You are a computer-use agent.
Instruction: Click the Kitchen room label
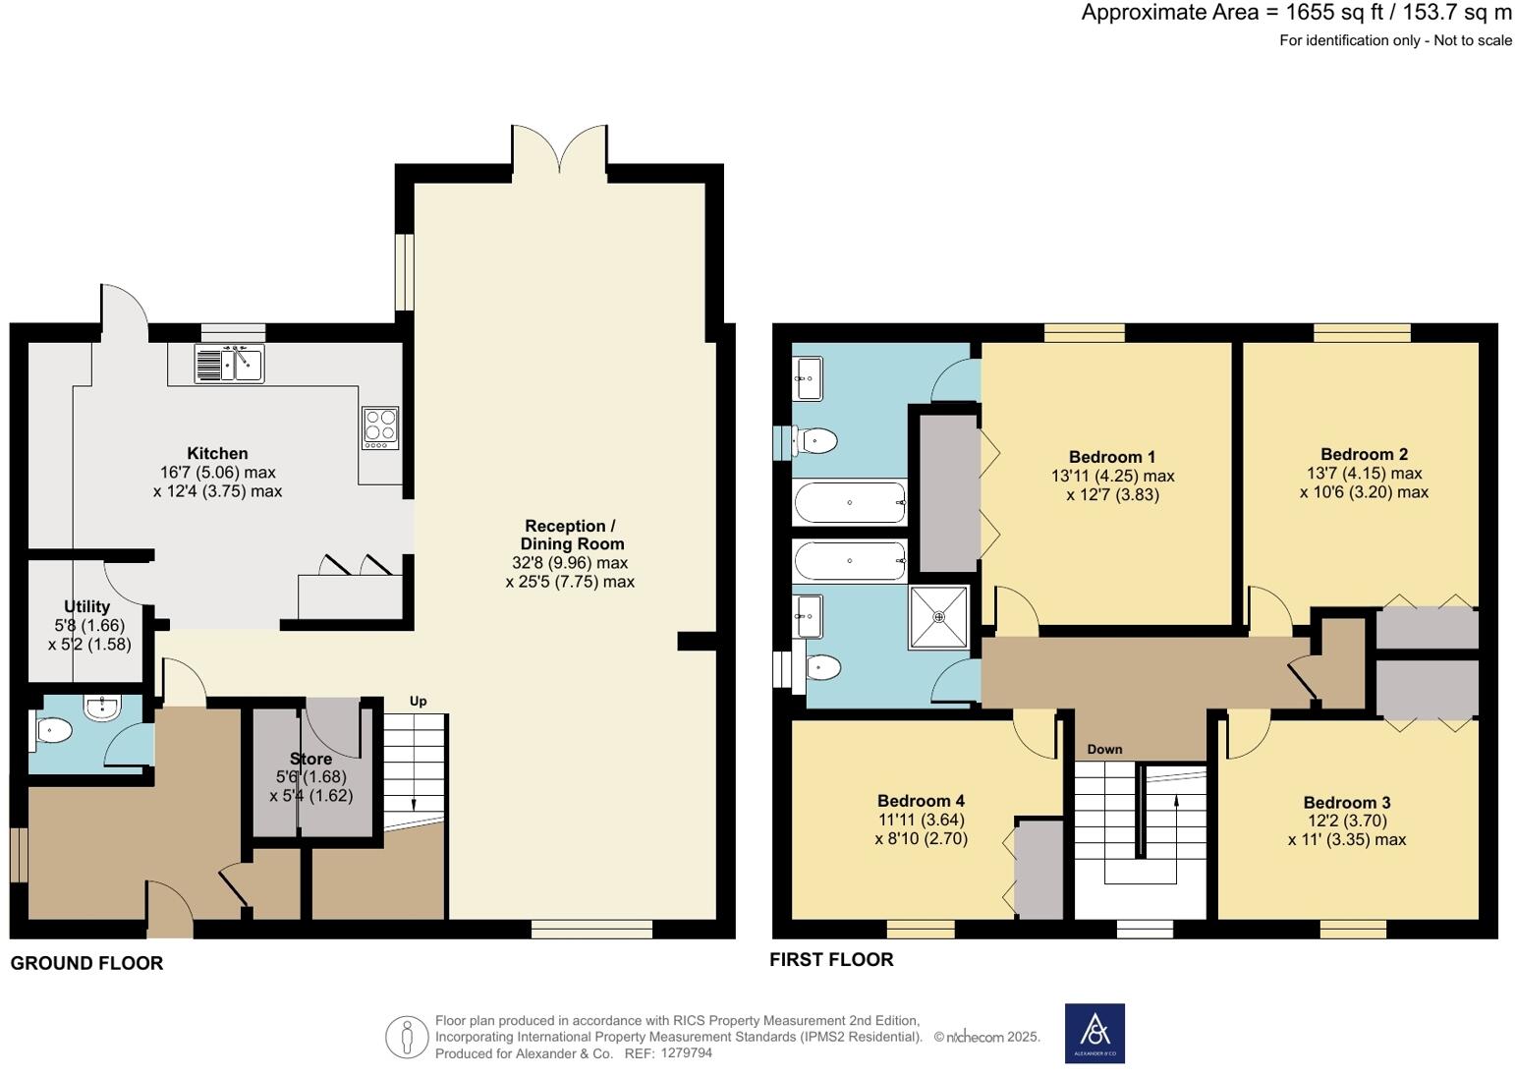pos(217,453)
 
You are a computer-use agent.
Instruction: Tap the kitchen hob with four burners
pos(380,427)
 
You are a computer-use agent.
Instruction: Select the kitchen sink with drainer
pos(229,364)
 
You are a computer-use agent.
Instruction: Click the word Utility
pos(86,607)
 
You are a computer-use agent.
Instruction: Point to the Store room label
pos(311,759)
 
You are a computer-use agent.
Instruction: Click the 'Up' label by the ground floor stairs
pos(418,701)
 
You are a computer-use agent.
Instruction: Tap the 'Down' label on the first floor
pos(1104,749)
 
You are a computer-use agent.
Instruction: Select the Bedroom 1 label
pos(1112,457)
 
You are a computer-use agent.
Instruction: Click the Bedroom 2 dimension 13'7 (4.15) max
pos(1364,473)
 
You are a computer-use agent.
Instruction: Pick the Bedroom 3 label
pos(1347,802)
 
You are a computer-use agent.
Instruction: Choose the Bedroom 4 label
pos(921,800)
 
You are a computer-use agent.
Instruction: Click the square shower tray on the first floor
pos(938,616)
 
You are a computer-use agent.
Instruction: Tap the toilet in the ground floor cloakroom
pos(51,731)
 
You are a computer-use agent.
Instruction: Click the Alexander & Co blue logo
pos(1094,1033)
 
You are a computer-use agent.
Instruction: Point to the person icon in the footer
pos(407,1037)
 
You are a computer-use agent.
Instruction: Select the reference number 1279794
pos(686,1053)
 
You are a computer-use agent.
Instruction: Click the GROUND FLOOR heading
pos(86,963)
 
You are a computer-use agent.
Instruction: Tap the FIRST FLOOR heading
pos(831,959)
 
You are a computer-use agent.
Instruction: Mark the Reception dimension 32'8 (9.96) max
pos(570,563)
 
